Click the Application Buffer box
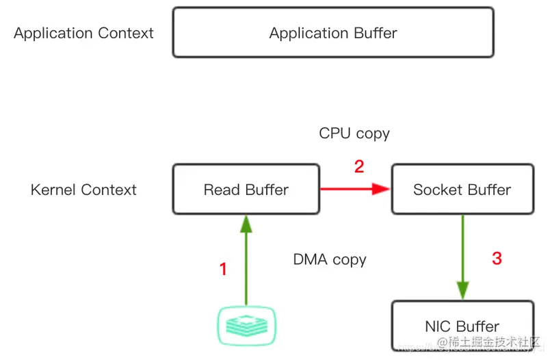[x=333, y=33]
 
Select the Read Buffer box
[x=246, y=190]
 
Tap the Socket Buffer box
[x=462, y=190]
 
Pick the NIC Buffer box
[x=462, y=326]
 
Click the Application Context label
[x=83, y=33]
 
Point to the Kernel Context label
[x=83, y=190]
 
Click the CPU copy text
[x=354, y=133]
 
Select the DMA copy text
[x=330, y=260]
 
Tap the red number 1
[x=223, y=270]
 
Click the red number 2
[x=359, y=166]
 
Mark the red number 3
[x=497, y=259]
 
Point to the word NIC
[x=438, y=326]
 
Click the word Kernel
[x=54, y=190]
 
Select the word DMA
[x=309, y=260]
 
